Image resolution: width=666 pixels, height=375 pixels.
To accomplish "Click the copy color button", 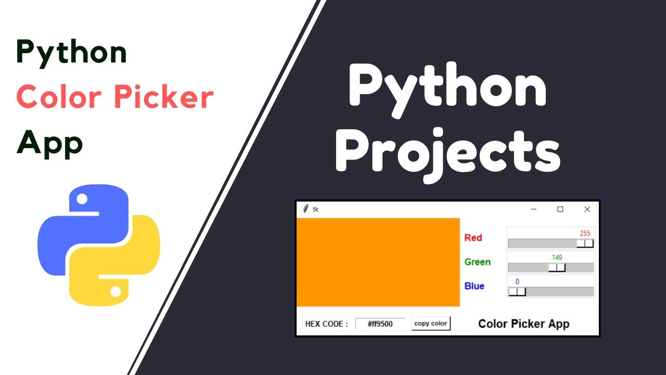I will pyautogui.click(x=431, y=323).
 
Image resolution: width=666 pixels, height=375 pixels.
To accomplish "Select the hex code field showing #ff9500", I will pyautogui.click(x=380, y=324).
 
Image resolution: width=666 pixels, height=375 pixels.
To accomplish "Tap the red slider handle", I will pyautogui.click(x=585, y=243).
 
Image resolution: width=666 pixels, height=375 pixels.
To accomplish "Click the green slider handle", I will pyautogui.click(x=557, y=268).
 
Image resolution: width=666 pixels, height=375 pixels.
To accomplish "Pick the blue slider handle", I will pyautogui.click(x=517, y=292).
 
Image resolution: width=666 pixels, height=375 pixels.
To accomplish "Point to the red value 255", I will pyautogui.click(x=585, y=233).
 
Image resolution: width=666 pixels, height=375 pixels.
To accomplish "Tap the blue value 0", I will pyautogui.click(x=517, y=282).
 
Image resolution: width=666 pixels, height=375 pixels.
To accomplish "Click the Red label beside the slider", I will pyautogui.click(x=473, y=238).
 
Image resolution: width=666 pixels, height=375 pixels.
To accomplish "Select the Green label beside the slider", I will pyautogui.click(x=477, y=262).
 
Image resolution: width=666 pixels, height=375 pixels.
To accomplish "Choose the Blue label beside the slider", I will pyautogui.click(x=474, y=286).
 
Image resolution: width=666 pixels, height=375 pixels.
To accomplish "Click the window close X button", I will pyautogui.click(x=587, y=209).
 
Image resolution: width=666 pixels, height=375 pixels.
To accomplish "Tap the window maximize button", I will pyautogui.click(x=560, y=209).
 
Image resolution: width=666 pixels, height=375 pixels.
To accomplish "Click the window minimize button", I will pyautogui.click(x=533, y=209).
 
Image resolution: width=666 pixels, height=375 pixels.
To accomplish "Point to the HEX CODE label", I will pyautogui.click(x=326, y=324).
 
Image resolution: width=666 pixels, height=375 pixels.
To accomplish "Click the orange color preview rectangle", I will pyautogui.click(x=378, y=262).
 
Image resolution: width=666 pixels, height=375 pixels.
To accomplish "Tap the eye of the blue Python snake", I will pyautogui.click(x=82, y=199).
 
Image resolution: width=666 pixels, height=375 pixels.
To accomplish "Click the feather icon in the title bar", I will pyautogui.click(x=305, y=209).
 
